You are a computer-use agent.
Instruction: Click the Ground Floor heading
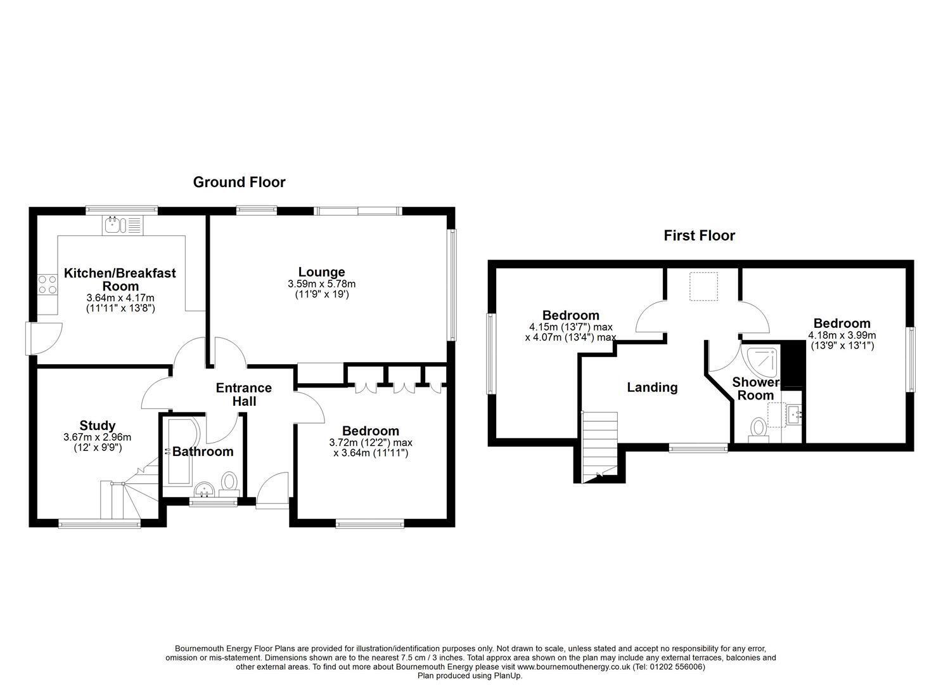point(239,182)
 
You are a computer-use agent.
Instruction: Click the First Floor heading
point(700,235)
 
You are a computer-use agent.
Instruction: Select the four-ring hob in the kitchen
point(48,285)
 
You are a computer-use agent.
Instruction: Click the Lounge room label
point(322,271)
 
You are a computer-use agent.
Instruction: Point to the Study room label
point(98,426)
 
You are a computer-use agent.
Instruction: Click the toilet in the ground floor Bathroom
point(229,484)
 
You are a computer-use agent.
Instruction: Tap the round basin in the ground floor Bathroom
point(205,490)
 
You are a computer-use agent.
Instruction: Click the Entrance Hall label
point(244,395)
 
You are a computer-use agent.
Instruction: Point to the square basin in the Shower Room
point(795,415)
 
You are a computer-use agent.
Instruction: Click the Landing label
point(653,388)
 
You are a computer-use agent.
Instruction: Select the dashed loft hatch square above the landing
point(703,286)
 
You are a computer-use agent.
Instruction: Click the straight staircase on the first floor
point(600,447)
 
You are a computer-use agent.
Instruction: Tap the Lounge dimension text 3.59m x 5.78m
point(322,284)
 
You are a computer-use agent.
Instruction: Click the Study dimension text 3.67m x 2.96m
point(98,438)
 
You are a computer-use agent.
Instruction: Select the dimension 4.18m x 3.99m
point(842,336)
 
